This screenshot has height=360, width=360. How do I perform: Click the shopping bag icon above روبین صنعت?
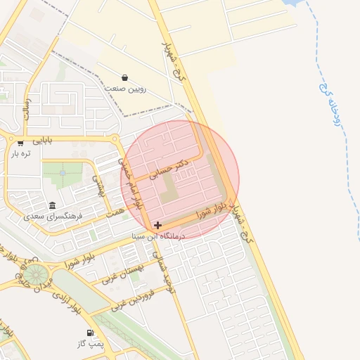124,77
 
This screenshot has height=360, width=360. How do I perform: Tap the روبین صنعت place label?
125,89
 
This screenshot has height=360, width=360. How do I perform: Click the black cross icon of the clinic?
157,226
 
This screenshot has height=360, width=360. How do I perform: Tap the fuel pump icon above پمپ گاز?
89,333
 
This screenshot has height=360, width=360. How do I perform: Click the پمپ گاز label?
91,343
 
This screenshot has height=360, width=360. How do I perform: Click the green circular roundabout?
37,274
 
